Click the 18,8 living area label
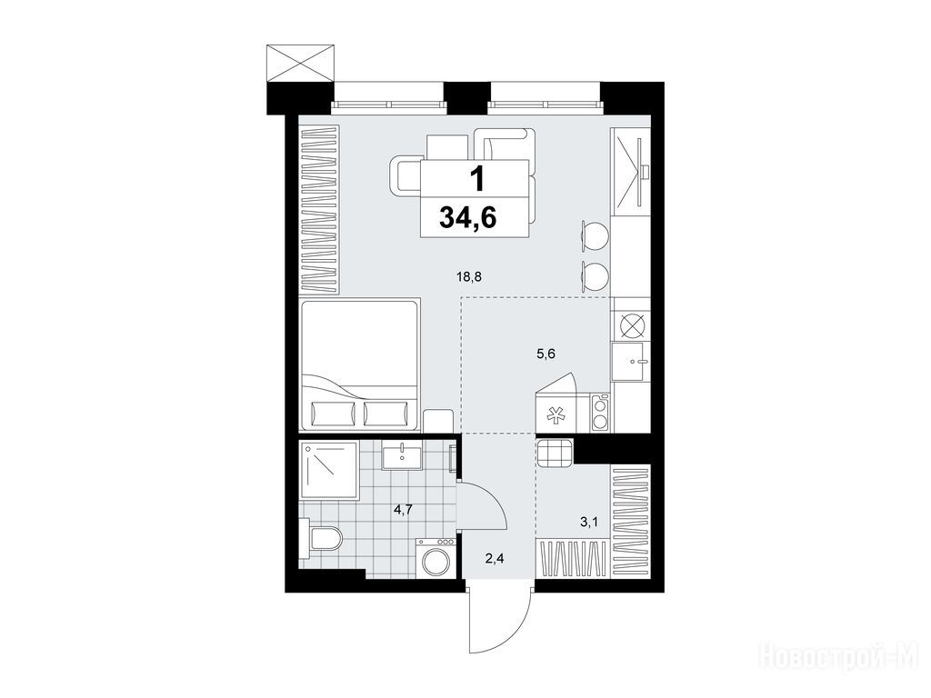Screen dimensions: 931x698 468,275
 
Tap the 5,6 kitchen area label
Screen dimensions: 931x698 546,354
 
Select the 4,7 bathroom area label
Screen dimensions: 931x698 403,509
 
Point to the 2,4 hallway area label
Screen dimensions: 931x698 494,558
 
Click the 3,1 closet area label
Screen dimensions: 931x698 588,523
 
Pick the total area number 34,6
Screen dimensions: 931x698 468,218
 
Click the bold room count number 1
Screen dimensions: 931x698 476,179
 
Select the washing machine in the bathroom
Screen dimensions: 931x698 435,557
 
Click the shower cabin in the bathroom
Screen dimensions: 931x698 329,471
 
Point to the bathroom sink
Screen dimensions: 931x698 402,458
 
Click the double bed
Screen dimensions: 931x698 360,365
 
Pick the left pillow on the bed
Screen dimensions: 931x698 333,414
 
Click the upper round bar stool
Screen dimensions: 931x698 595,234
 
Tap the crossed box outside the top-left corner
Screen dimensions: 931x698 301,63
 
